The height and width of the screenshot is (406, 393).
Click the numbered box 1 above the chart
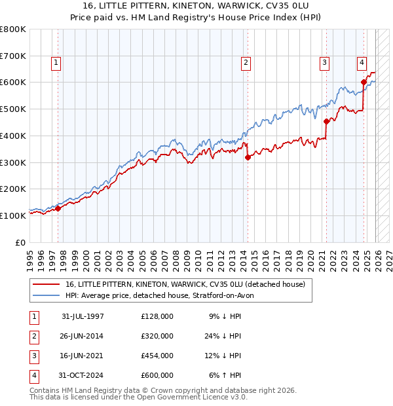click(56, 63)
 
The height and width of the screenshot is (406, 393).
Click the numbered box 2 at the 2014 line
click(246, 63)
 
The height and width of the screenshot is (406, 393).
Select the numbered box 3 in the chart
click(325, 63)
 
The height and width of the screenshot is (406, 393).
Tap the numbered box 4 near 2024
click(362, 63)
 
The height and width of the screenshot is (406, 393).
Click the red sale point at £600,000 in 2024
click(364, 83)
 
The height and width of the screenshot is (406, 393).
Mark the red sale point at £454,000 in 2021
click(326, 120)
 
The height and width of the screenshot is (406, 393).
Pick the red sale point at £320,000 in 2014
click(248, 157)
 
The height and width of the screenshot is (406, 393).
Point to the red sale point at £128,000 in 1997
click(58, 208)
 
